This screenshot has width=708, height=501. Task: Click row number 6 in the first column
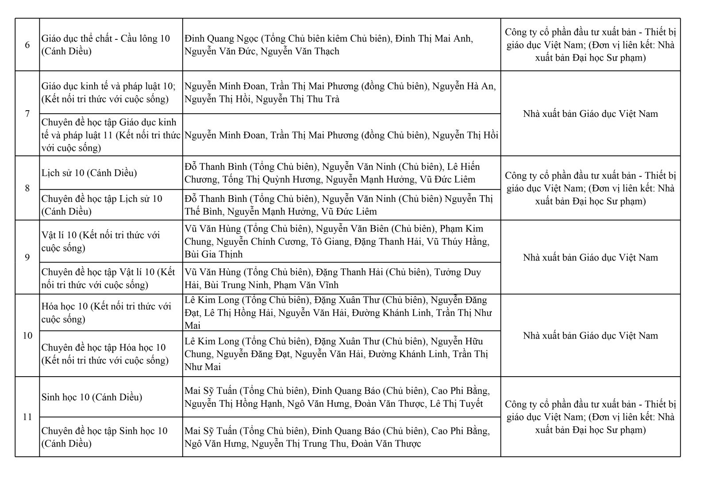(27, 45)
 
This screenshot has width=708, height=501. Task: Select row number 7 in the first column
(27, 114)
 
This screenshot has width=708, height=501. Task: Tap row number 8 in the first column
(27, 188)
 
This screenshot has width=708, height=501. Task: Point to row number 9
(27, 257)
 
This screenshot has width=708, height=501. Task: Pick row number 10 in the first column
(27, 335)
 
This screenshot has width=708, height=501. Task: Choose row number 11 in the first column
(27, 417)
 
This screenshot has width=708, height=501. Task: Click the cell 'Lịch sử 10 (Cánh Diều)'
(89, 173)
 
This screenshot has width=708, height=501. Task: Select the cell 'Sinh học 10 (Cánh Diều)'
(92, 397)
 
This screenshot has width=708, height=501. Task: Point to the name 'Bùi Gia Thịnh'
(214, 254)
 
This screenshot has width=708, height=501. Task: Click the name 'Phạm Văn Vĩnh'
(306, 285)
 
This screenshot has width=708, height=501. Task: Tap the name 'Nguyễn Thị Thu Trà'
(297, 99)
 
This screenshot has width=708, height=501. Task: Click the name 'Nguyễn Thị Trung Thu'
(299, 443)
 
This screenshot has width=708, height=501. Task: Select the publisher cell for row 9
(590, 257)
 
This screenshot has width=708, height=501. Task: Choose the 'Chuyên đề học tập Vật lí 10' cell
(108, 278)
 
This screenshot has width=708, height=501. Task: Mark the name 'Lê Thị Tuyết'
(456, 404)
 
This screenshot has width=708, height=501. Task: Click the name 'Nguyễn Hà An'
(464, 86)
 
